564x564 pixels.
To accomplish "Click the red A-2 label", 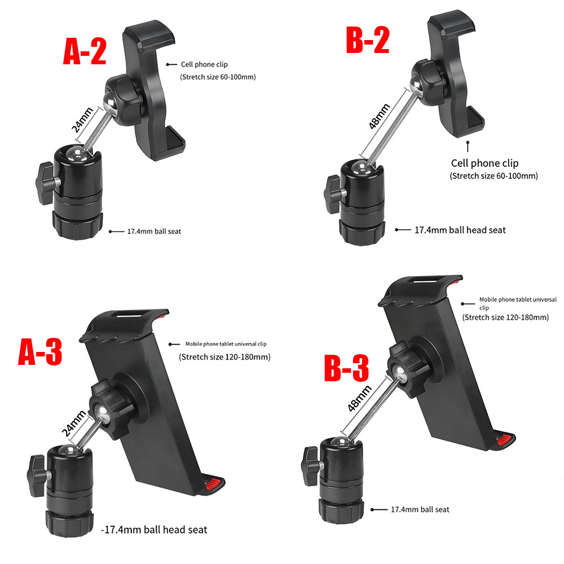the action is (85, 51).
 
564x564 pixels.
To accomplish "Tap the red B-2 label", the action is (368, 39).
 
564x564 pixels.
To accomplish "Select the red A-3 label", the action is (40, 351).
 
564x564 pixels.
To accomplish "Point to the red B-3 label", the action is (346, 367).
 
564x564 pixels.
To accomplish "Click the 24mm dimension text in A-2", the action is (82, 120).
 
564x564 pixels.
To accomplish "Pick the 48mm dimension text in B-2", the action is (380, 116).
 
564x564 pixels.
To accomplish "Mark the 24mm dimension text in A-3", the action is (74, 424).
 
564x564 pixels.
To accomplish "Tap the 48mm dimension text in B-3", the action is (360, 398).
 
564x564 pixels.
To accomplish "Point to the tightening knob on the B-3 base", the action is (311, 466).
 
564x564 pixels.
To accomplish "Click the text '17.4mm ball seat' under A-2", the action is (155, 231).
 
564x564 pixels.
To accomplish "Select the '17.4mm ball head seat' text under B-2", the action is (460, 230).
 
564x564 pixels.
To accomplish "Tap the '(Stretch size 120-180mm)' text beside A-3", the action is (225, 357).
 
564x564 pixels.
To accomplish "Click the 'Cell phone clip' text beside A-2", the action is (204, 64).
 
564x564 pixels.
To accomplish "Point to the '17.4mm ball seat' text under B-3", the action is (420, 509).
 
